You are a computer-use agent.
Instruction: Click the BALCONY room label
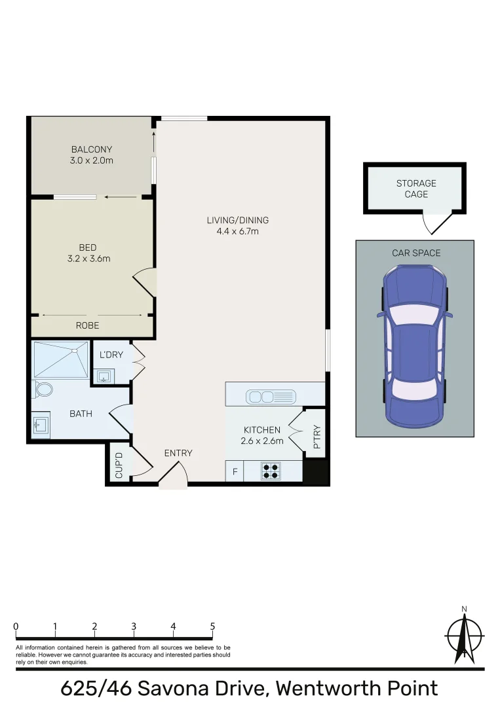pos(92,149)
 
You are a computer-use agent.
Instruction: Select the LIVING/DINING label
pos(238,220)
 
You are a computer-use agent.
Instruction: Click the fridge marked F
pos(234,471)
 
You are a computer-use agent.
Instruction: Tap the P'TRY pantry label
pos(316,438)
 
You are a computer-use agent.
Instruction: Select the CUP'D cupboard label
pos(119,464)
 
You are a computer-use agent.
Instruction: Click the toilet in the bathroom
pos(45,390)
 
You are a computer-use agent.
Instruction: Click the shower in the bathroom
pos(61,359)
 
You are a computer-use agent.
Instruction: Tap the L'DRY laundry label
pos(111,355)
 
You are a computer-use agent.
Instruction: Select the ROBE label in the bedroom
pos(88,325)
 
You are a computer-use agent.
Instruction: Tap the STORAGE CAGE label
pos(416,189)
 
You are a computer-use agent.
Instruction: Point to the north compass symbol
pos(464,636)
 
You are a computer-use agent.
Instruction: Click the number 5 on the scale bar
pos(212,626)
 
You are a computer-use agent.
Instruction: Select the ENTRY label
pos(178,453)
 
